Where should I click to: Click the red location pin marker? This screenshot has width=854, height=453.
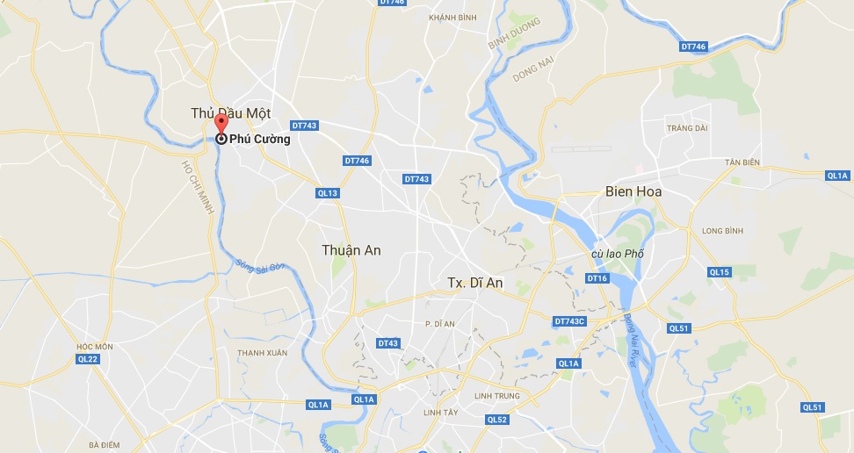point(221,124)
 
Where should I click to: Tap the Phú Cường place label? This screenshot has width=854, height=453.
point(259,139)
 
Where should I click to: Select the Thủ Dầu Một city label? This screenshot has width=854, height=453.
point(231,113)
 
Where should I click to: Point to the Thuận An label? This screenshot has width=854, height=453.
point(351,250)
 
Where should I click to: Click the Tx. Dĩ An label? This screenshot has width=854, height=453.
point(475,283)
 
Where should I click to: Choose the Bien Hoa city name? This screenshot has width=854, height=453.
point(633,191)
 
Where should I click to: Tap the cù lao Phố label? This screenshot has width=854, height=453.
point(619,254)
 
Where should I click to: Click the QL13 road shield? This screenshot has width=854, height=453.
point(328,193)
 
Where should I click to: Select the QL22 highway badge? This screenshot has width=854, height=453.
point(89,359)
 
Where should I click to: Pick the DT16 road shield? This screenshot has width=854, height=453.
point(597,278)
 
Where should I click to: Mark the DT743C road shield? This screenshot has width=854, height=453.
point(569,321)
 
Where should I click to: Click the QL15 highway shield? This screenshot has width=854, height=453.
point(720,272)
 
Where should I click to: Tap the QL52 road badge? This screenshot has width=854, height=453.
point(497,420)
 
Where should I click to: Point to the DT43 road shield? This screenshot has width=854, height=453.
point(388,343)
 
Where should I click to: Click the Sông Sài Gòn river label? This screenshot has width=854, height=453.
point(260,266)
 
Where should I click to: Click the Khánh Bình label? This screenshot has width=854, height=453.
point(452,18)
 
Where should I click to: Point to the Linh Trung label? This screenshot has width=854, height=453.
point(496,396)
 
